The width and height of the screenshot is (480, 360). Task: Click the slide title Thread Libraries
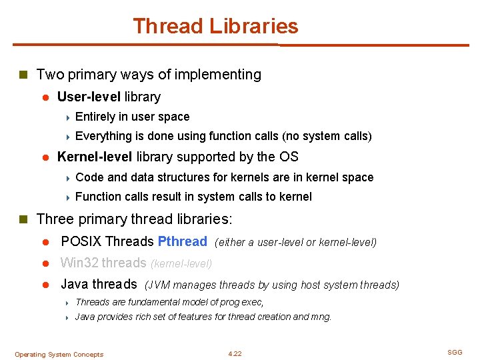215,27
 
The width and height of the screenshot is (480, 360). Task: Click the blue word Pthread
182,241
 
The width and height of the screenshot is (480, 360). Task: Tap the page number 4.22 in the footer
235,353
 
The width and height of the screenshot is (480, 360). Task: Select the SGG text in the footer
455,353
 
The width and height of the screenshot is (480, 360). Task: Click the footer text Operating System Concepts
59,354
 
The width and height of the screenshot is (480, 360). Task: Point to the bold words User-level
89,97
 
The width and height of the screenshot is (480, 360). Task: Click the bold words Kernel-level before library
95,157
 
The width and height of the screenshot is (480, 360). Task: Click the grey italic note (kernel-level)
181,264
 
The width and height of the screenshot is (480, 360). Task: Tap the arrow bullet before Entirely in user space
68,117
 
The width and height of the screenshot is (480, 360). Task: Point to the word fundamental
151,302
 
